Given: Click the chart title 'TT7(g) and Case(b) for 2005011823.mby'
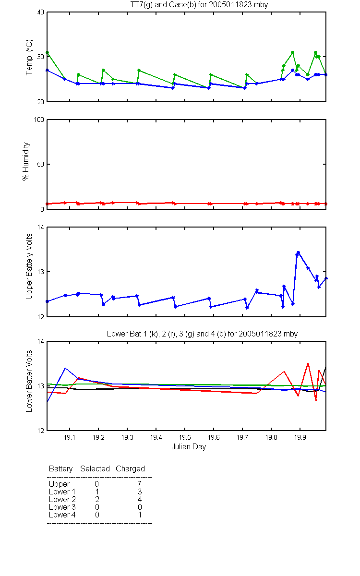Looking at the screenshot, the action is click(199, 5).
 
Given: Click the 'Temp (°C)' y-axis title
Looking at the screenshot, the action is click(29, 57).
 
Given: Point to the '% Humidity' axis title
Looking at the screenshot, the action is click(26, 161).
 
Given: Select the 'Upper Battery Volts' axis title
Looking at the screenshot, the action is click(29, 266).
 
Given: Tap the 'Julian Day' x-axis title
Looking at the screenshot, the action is click(189, 447).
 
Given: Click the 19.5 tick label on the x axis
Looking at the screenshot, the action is click(185, 437).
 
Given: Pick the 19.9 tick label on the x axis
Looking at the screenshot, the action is click(300, 437).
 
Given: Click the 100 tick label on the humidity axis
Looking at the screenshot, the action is click(39, 120).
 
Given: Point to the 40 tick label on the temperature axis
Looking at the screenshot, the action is click(40, 12).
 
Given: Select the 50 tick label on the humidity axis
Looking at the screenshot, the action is click(40, 164).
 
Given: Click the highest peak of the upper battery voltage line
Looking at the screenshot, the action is click(298, 252).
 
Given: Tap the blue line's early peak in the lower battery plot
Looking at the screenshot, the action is click(65, 368).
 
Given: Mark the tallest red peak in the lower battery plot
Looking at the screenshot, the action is click(308, 363).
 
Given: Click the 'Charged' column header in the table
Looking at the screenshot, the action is click(130, 469).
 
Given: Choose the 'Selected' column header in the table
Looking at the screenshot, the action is click(95, 469).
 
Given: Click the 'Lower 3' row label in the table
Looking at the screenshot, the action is click(62, 507).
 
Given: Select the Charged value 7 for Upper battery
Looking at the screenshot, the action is click(139, 484).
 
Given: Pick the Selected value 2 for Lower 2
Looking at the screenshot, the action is click(97, 499).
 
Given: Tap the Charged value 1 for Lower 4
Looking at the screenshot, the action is click(140, 515).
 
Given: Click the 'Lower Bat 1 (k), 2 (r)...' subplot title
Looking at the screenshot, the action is click(203, 334).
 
